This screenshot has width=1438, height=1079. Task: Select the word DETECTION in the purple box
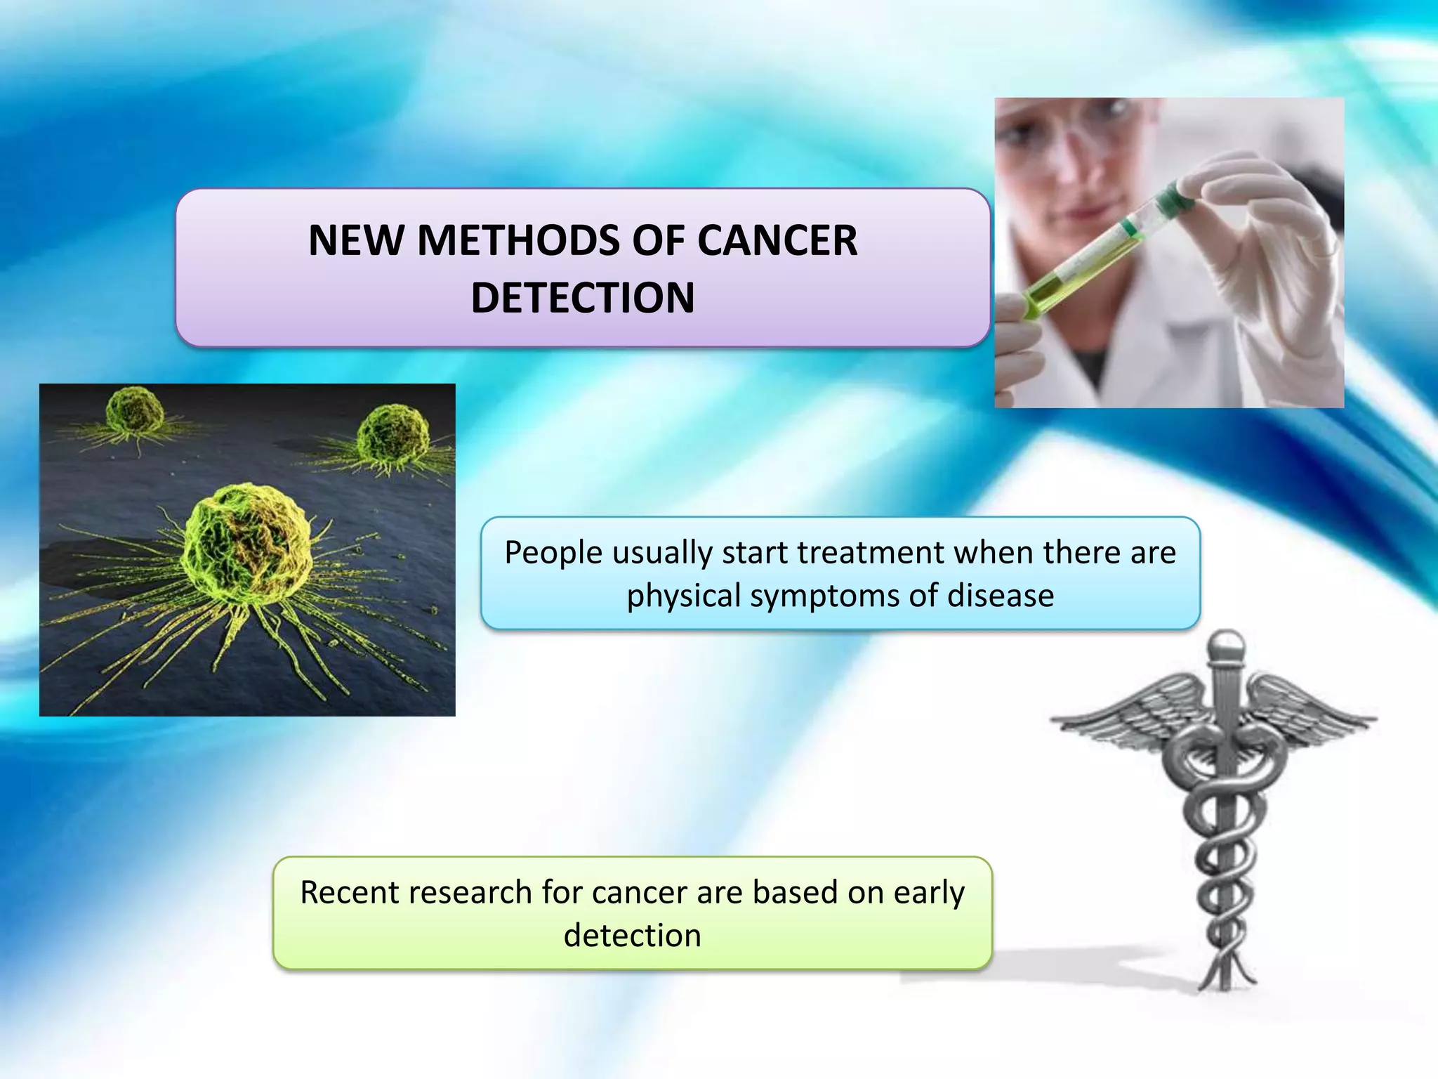pos(582,298)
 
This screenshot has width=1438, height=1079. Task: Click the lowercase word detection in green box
pos(632,936)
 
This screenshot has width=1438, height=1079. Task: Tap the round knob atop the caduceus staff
pos(1226,643)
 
